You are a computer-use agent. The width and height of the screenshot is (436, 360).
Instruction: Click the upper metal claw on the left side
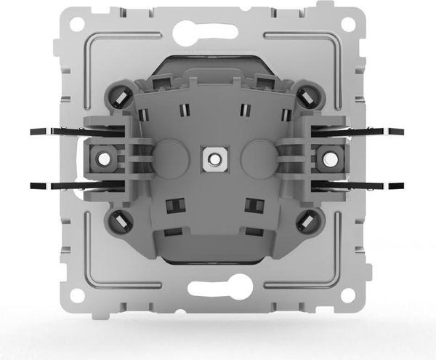click(58, 132)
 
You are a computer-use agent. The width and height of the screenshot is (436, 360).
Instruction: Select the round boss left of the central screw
click(171, 155)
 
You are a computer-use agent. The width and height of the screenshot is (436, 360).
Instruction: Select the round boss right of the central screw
click(254, 155)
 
